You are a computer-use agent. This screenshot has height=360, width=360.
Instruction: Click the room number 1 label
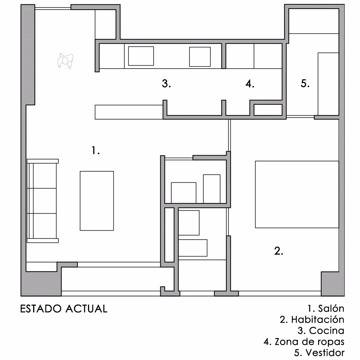click(x=96, y=150)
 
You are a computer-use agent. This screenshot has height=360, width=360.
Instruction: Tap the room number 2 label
click(x=279, y=251)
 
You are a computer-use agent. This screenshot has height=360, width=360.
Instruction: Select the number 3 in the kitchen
click(x=166, y=84)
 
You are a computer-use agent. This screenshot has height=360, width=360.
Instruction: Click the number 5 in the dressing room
click(x=305, y=83)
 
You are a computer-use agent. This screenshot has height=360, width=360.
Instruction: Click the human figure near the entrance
click(x=65, y=61)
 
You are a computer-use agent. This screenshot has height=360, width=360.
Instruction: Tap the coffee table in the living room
click(x=97, y=201)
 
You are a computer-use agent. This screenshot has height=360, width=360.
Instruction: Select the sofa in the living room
click(x=43, y=201)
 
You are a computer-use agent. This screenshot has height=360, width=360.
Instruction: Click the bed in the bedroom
click(x=297, y=194)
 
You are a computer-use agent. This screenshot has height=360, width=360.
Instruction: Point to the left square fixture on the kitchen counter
click(x=141, y=56)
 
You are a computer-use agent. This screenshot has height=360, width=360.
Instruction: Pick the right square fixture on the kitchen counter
click(x=200, y=57)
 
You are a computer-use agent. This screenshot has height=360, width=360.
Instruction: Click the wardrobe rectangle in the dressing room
click(x=328, y=84)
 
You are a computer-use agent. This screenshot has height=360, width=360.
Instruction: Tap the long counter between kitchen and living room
click(x=129, y=112)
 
